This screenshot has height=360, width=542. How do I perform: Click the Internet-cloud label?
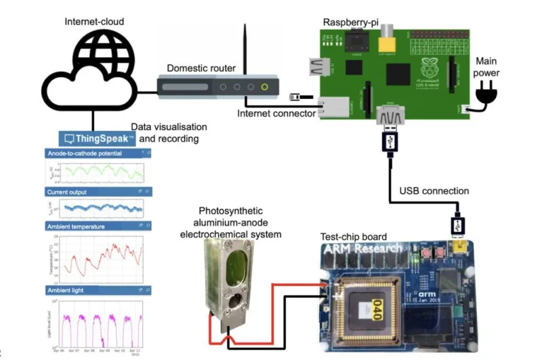(x=93, y=21)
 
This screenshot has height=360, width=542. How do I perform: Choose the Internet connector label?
(x=276, y=113)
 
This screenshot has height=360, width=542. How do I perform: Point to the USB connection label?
(x=434, y=191)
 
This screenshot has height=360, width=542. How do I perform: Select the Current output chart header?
(x=72, y=192)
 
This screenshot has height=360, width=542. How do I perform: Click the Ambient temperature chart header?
(x=81, y=225)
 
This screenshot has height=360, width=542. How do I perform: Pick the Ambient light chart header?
(x=68, y=291)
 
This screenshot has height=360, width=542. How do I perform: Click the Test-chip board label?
(x=353, y=237)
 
